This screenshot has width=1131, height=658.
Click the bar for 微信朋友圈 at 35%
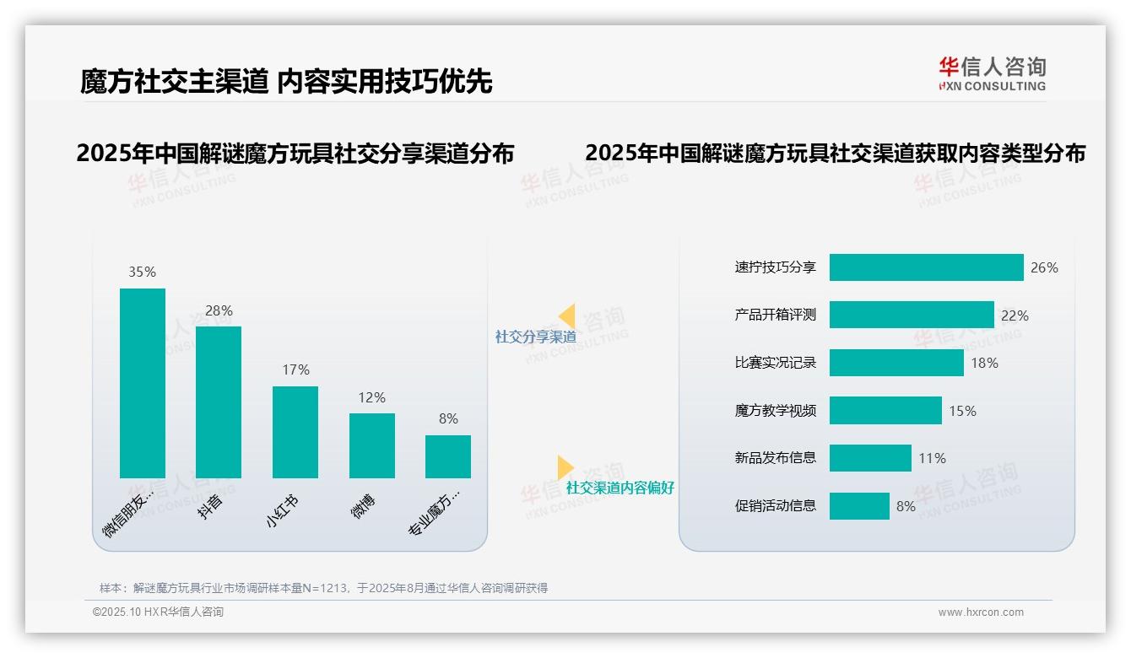point(143,383)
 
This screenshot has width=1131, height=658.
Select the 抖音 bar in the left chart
point(219,402)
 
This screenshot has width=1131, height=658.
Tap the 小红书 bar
point(295,432)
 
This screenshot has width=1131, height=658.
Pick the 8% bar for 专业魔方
point(448,456)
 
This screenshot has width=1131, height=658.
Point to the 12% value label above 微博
point(371,397)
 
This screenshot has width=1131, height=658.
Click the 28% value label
point(219,310)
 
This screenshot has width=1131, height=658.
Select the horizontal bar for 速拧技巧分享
point(926,267)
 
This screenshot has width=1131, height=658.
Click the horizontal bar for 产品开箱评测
point(912,315)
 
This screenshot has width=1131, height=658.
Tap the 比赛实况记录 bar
point(896,363)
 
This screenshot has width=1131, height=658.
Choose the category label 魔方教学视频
point(776,411)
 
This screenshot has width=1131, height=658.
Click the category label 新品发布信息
point(776,458)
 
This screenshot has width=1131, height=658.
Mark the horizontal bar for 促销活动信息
point(859,506)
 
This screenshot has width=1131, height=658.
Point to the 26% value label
point(1044,267)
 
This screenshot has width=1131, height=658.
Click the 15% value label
point(962,411)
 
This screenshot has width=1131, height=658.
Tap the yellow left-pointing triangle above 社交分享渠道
point(567,316)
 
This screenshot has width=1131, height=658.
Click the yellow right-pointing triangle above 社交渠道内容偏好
point(565,467)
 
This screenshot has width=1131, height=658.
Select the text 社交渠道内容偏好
point(620,488)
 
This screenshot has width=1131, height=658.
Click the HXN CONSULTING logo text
point(993,86)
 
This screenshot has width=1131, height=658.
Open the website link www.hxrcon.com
point(981,612)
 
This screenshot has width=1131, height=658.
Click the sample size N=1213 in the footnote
point(325,588)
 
